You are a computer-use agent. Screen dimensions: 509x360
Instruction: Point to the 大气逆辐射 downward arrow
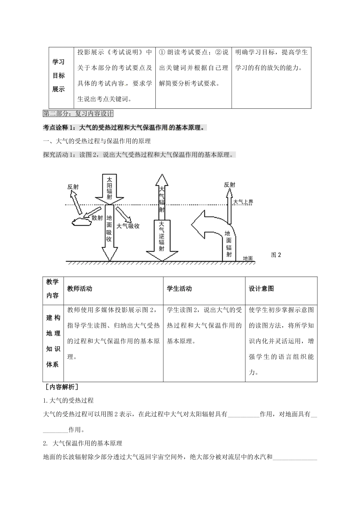162,240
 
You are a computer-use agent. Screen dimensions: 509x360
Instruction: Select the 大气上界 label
243,202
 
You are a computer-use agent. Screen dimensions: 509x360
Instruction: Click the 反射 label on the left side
73,187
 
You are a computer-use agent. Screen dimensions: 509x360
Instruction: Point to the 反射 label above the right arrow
229,185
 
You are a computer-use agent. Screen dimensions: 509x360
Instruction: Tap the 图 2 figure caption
276,255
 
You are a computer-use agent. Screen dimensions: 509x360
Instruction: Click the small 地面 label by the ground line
248,258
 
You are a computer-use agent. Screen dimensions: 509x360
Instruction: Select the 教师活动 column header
80,289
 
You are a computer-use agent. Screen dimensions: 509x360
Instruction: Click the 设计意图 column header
261,289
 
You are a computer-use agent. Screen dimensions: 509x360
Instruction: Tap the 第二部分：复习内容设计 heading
78,113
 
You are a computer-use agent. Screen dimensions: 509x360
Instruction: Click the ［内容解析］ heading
61,387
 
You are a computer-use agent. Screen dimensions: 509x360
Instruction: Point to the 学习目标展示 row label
58,76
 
